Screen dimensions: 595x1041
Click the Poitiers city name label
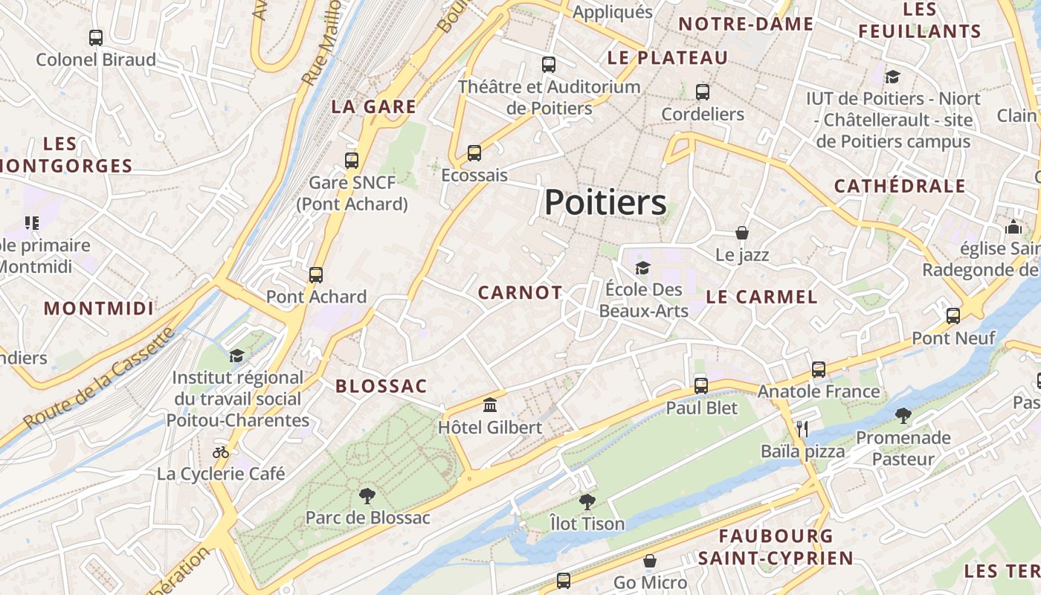pos(605,202)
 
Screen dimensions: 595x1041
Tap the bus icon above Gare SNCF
pos(352,160)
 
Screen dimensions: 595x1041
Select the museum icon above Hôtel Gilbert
pos(490,405)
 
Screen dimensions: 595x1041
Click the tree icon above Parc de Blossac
pos(367,495)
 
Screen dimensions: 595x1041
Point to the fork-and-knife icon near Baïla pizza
pos(802,428)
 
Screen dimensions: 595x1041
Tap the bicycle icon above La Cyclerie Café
pos(221,452)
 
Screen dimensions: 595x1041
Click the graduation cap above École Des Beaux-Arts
pos(642,268)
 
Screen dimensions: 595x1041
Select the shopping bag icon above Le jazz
pos(741,233)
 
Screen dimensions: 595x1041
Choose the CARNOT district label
pos(520,293)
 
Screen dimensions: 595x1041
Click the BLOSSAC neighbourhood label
pos(381,386)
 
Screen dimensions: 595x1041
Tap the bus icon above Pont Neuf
pos(953,316)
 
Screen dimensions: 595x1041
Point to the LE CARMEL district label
pos(761,297)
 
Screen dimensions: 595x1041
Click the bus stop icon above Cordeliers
pos(703,92)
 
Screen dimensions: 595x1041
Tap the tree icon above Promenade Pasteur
pos(903,415)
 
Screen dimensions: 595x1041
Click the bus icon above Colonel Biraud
pos(96,37)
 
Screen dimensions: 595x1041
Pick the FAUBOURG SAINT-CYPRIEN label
pos(776,547)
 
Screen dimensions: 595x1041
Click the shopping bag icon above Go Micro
pos(650,561)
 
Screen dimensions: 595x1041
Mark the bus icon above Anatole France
pos(819,369)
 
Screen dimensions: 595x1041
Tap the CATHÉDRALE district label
pos(900,186)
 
